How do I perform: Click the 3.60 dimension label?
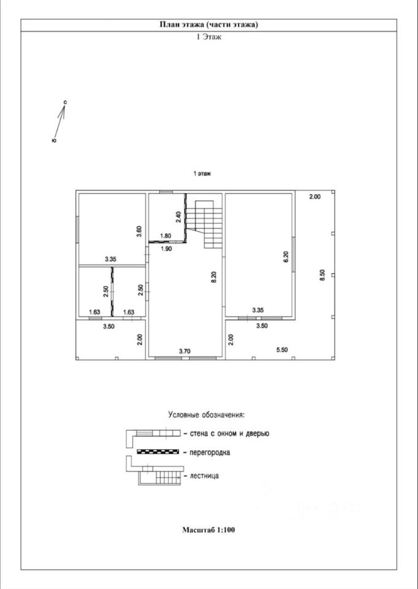coord(139,231)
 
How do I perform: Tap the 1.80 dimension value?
coord(165,236)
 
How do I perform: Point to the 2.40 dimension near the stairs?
coord(178,217)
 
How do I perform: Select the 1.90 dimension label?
coord(165,248)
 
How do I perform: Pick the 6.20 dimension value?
coord(286,257)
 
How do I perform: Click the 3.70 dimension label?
coord(184,351)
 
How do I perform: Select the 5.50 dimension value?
coord(283,350)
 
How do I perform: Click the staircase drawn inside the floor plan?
coord(205,222)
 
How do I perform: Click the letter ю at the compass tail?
coord(55,141)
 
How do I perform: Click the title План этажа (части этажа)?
coord(209,25)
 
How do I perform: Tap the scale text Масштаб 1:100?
coord(208,529)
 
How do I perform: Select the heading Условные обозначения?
coord(207,415)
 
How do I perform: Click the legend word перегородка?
coord(207,453)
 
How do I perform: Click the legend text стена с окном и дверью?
coord(226,433)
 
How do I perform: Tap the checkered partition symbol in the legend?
coord(157,452)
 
